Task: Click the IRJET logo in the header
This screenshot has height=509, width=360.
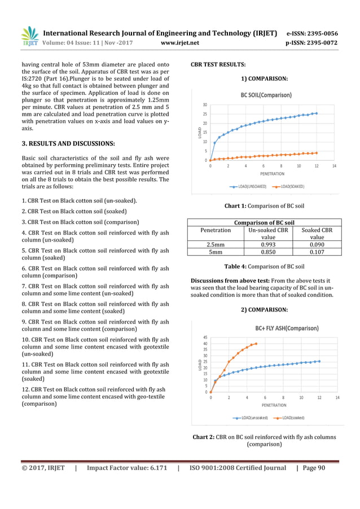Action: (x=29, y=37)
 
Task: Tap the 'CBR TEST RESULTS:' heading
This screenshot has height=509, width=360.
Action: (x=218, y=65)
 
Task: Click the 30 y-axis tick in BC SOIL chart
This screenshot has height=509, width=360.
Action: (x=204, y=105)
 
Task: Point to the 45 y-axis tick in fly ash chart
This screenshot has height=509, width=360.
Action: (x=204, y=337)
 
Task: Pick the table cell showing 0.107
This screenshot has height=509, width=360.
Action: (x=317, y=252)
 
